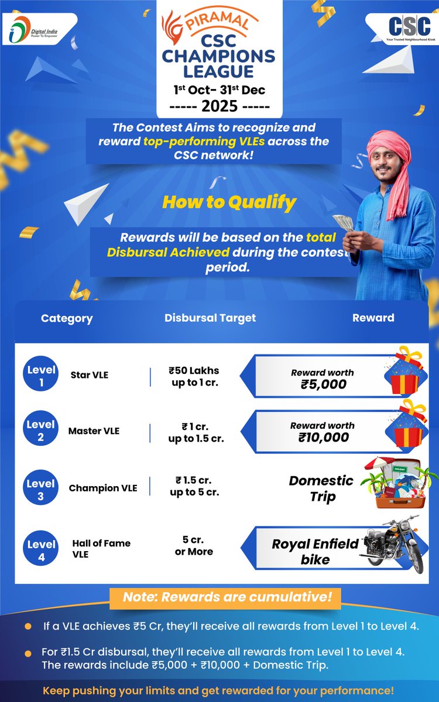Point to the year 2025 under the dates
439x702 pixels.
click(220, 106)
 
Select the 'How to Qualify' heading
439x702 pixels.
click(229, 202)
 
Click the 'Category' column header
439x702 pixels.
click(67, 319)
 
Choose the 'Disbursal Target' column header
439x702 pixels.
click(210, 318)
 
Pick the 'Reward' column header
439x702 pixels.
click(373, 318)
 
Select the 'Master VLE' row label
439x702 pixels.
click(94, 431)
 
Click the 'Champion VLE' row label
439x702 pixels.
click(103, 488)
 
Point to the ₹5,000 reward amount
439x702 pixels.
click(323, 384)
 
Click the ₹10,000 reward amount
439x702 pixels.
click(323, 438)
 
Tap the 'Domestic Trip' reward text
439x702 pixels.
click(321, 488)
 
